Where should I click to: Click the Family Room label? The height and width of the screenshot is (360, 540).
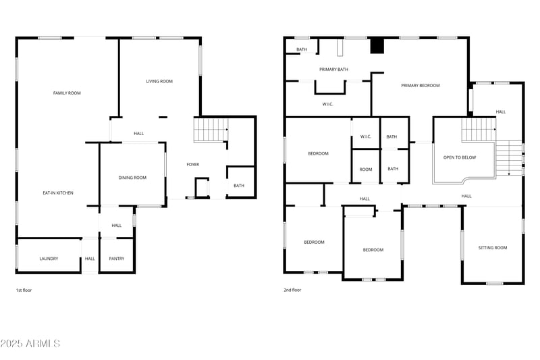[x=67, y=93]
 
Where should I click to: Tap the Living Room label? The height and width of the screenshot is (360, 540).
[x=159, y=81]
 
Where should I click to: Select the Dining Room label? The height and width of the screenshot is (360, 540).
[x=132, y=178]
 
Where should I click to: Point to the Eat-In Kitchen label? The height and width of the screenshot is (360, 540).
[x=57, y=193]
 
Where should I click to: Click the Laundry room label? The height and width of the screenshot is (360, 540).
[x=49, y=259]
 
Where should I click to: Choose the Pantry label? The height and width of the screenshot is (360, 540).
[x=116, y=259]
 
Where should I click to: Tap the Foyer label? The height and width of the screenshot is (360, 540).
[x=193, y=164]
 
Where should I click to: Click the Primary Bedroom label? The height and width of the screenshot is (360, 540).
[x=420, y=86]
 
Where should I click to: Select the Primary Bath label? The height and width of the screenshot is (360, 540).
[x=333, y=69]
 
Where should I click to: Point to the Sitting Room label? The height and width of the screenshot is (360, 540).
[x=493, y=248]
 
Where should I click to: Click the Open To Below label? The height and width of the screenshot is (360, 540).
[x=460, y=157]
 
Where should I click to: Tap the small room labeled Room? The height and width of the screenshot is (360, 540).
[x=366, y=169]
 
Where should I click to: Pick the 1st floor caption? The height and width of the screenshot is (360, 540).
[x=24, y=290]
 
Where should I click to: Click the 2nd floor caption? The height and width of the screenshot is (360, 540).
[x=292, y=290]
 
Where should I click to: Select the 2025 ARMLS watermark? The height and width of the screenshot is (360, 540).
[x=30, y=344]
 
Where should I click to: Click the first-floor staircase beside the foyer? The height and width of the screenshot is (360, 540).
[x=211, y=129]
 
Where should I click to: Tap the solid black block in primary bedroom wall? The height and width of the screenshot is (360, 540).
[x=377, y=46]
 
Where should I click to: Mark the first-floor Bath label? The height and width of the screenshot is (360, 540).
[x=239, y=186]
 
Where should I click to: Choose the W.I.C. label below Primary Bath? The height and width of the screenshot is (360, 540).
[x=327, y=104]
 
